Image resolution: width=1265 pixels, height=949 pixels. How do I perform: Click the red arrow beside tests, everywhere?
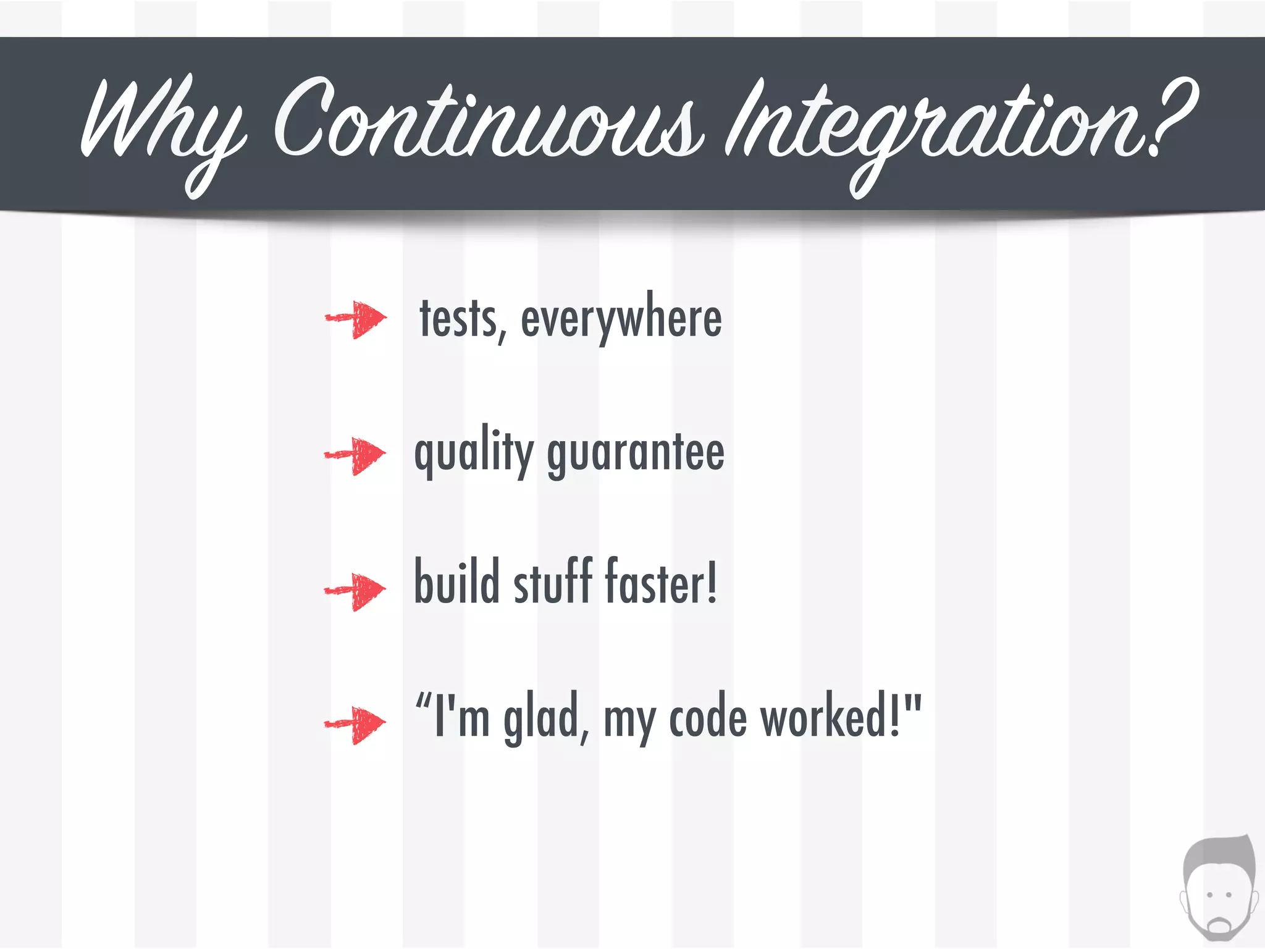click(357, 319)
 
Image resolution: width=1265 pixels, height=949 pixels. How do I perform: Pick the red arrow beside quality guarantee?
click(356, 455)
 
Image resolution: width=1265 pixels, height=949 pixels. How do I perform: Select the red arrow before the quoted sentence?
click(356, 724)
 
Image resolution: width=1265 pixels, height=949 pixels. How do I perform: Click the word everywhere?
click(621, 320)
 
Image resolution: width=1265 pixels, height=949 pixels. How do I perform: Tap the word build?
click(456, 582)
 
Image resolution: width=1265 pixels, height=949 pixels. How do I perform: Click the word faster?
click(660, 582)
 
